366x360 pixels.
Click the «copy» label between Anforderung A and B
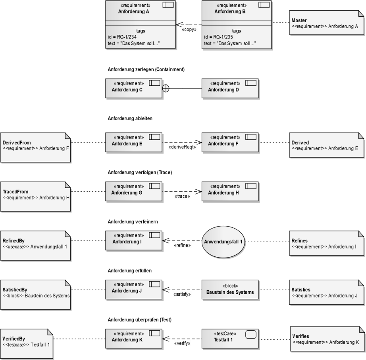click(x=189, y=30)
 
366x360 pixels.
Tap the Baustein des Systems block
click(x=230, y=290)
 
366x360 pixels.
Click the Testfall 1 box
click(x=230, y=339)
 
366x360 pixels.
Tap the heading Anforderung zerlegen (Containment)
click(x=146, y=69)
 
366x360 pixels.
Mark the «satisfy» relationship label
click(x=181, y=294)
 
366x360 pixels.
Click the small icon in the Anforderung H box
click(x=250, y=186)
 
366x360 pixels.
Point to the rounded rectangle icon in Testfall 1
click(x=250, y=334)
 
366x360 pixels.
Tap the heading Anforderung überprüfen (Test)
click(x=139, y=320)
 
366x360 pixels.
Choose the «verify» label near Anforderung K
click(x=181, y=343)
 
